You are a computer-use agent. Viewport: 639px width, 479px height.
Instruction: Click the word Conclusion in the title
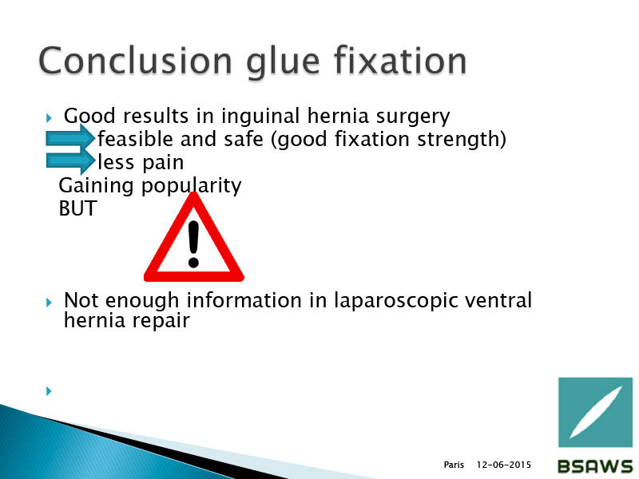135,61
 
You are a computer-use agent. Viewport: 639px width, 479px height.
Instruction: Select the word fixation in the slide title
400,61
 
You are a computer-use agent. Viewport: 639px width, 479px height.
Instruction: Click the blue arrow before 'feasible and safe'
70,138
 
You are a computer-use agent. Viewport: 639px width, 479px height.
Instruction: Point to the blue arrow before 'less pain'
70,161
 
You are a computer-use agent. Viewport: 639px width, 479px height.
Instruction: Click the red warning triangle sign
194,237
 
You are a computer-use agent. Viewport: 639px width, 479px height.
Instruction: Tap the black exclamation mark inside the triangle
193,244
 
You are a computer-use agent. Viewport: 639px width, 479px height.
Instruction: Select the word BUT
77,208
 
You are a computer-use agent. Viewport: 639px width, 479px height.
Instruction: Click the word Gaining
96,187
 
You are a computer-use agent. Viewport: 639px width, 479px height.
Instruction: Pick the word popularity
191,187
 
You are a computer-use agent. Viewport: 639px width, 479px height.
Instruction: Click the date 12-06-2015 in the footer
504,465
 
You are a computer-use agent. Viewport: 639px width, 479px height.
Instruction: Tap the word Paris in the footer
454,465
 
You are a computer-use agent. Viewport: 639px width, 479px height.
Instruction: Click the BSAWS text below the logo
595,466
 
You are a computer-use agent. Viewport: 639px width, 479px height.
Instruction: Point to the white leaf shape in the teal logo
595,412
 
